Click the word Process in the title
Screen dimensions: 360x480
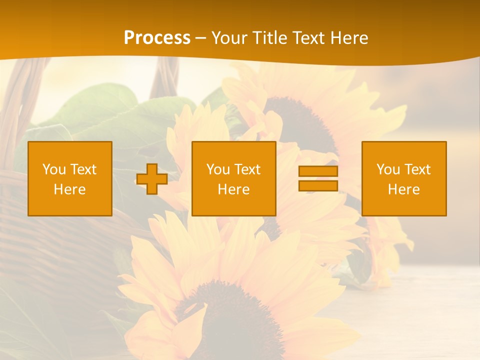point(157,38)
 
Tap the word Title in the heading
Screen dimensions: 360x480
point(270,38)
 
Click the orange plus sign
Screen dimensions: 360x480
point(152,179)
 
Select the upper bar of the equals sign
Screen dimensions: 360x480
point(318,171)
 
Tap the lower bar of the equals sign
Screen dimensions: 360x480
point(318,185)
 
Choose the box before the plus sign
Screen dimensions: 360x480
point(70,178)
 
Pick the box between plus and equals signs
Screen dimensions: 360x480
point(234,178)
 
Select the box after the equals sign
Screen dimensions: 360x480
point(404,178)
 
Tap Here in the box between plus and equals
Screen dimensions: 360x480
point(234,189)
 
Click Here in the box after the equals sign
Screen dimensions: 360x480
point(404,189)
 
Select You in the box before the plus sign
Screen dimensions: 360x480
point(54,169)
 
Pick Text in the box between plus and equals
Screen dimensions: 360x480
point(247,169)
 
